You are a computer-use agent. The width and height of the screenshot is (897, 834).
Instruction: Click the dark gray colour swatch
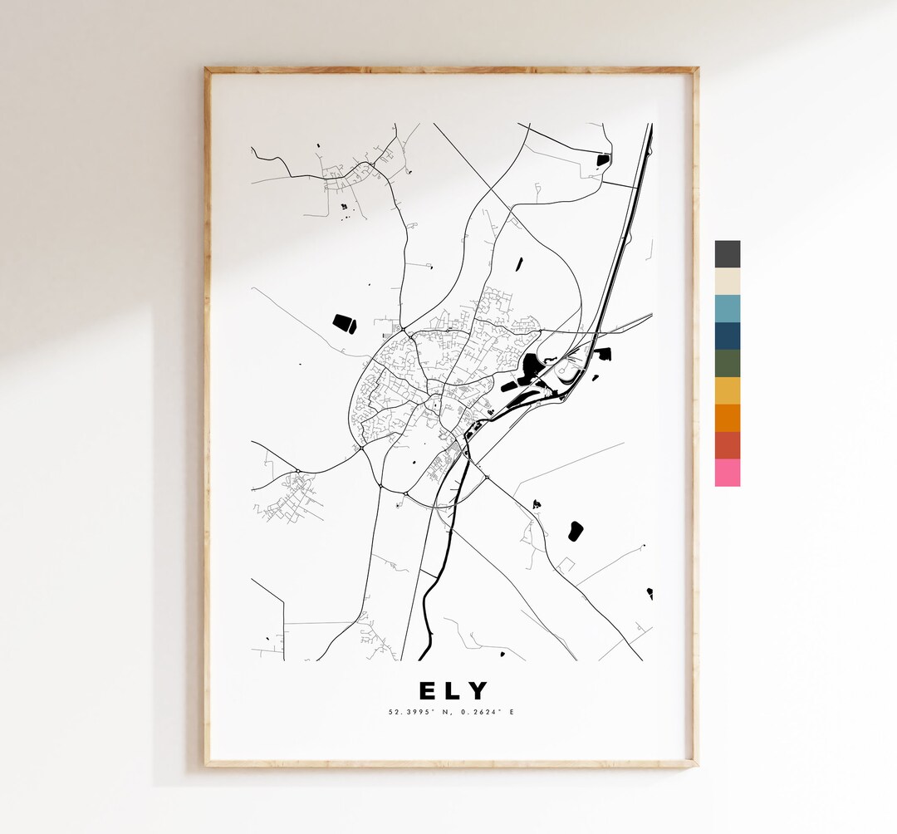pyautogui.click(x=727, y=254)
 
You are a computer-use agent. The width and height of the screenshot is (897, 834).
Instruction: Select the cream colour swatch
pyautogui.click(x=727, y=282)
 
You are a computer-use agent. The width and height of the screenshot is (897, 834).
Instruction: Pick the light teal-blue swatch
pyautogui.click(x=727, y=309)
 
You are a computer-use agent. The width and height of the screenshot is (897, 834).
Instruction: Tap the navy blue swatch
pyautogui.click(x=727, y=336)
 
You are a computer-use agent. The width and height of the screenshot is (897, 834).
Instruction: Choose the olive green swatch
pyautogui.click(x=727, y=364)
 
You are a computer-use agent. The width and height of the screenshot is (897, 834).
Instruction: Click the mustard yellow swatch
pyautogui.click(x=727, y=390)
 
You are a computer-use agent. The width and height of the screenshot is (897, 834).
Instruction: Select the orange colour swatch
pyautogui.click(x=727, y=418)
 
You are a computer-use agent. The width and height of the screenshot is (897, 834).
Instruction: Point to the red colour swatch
pyautogui.click(x=727, y=445)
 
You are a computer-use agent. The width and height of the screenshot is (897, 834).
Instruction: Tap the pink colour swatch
pyautogui.click(x=727, y=473)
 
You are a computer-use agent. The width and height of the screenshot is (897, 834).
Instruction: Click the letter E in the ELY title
pyautogui.click(x=426, y=691)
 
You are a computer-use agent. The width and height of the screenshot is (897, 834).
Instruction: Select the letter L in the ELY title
pyautogui.click(x=453, y=691)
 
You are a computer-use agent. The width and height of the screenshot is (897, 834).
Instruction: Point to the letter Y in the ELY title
pyautogui.click(x=478, y=691)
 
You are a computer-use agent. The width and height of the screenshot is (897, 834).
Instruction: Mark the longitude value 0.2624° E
pyautogui.click(x=484, y=712)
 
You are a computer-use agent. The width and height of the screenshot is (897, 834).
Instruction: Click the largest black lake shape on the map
pyautogui.click(x=532, y=365)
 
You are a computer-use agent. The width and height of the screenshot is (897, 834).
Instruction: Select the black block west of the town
pyautogui.click(x=344, y=323)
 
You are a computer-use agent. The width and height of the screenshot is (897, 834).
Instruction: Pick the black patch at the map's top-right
pyautogui.click(x=603, y=159)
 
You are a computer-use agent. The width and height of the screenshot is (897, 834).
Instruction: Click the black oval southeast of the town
pyautogui.click(x=575, y=530)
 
